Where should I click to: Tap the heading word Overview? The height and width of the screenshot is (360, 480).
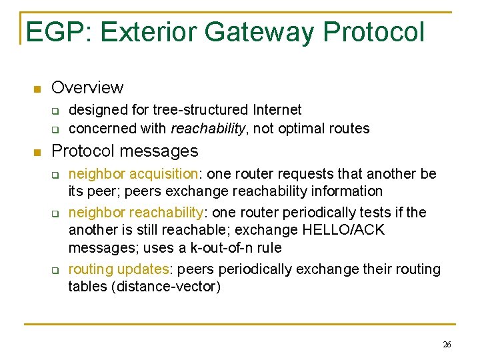[x=87, y=87]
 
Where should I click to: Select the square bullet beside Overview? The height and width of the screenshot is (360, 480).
[x=37, y=89]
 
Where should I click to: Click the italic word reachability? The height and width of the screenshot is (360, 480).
[x=207, y=129]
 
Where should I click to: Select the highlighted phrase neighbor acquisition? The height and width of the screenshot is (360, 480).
[x=133, y=175]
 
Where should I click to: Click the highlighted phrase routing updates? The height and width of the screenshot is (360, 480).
[x=117, y=269]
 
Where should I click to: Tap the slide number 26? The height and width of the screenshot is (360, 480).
[x=447, y=345]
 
